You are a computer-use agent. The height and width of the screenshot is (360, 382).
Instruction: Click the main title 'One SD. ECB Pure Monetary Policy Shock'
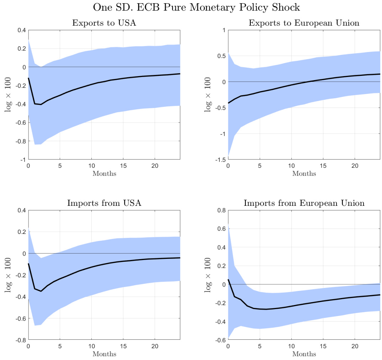click(196, 7)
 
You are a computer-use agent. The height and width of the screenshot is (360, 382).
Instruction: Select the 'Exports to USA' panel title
click(104, 23)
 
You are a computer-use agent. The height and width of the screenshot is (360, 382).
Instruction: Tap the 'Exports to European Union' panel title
click(304, 23)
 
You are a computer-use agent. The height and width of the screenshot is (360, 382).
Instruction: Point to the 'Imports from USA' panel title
click(104, 203)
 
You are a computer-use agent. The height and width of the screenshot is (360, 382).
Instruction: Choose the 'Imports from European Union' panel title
click(304, 203)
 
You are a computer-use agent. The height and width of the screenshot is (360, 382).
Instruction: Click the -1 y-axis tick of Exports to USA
click(22, 160)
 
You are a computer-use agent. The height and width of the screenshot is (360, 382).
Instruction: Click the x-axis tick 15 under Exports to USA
click(123, 166)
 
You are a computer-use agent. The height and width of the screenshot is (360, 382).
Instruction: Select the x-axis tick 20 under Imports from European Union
click(355, 346)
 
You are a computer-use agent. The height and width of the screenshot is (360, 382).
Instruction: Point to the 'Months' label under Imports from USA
click(104, 354)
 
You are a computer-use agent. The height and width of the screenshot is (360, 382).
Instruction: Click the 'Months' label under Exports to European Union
click(304, 174)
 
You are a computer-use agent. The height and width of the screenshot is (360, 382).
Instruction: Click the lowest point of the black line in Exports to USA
click(41, 104)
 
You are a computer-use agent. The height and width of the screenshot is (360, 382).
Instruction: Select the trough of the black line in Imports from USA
click(41, 291)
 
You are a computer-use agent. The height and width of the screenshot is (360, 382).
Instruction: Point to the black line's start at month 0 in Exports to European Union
click(228, 103)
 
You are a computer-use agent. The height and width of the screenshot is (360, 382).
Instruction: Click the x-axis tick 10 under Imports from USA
click(91, 346)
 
